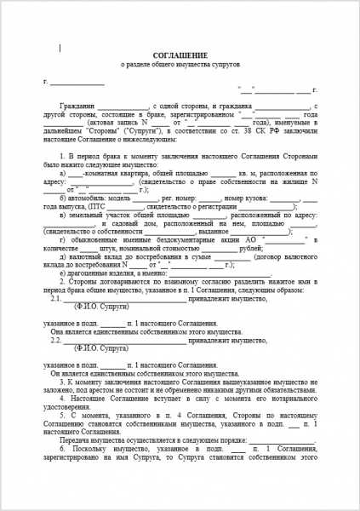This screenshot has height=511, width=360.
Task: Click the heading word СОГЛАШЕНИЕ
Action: [x=180, y=54]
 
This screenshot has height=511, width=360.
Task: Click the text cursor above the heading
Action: [x=60, y=48]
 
